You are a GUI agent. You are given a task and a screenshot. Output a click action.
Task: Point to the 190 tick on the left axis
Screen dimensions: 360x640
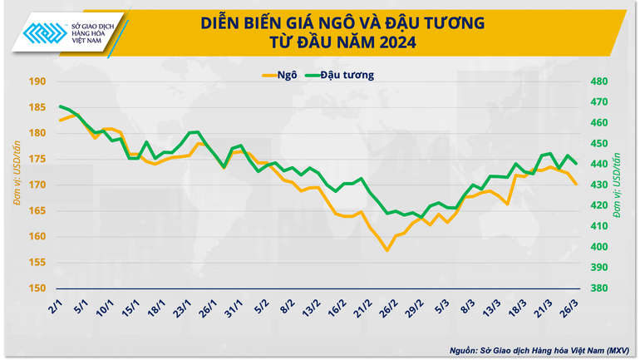pyautogui.click(x=36, y=81)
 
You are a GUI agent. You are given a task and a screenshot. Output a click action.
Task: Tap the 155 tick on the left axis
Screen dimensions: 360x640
pyautogui.click(x=36, y=263)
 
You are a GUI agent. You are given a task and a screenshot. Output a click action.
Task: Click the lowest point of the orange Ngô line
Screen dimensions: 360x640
pyautogui.click(x=387, y=250)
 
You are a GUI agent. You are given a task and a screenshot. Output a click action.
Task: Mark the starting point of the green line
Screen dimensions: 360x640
pyautogui.click(x=60, y=106)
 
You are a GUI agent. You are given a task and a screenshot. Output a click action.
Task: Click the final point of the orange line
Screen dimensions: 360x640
pyautogui.click(x=577, y=185)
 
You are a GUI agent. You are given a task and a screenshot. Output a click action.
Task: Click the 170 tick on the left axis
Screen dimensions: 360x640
pyautogui.click(x=36, y=185)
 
